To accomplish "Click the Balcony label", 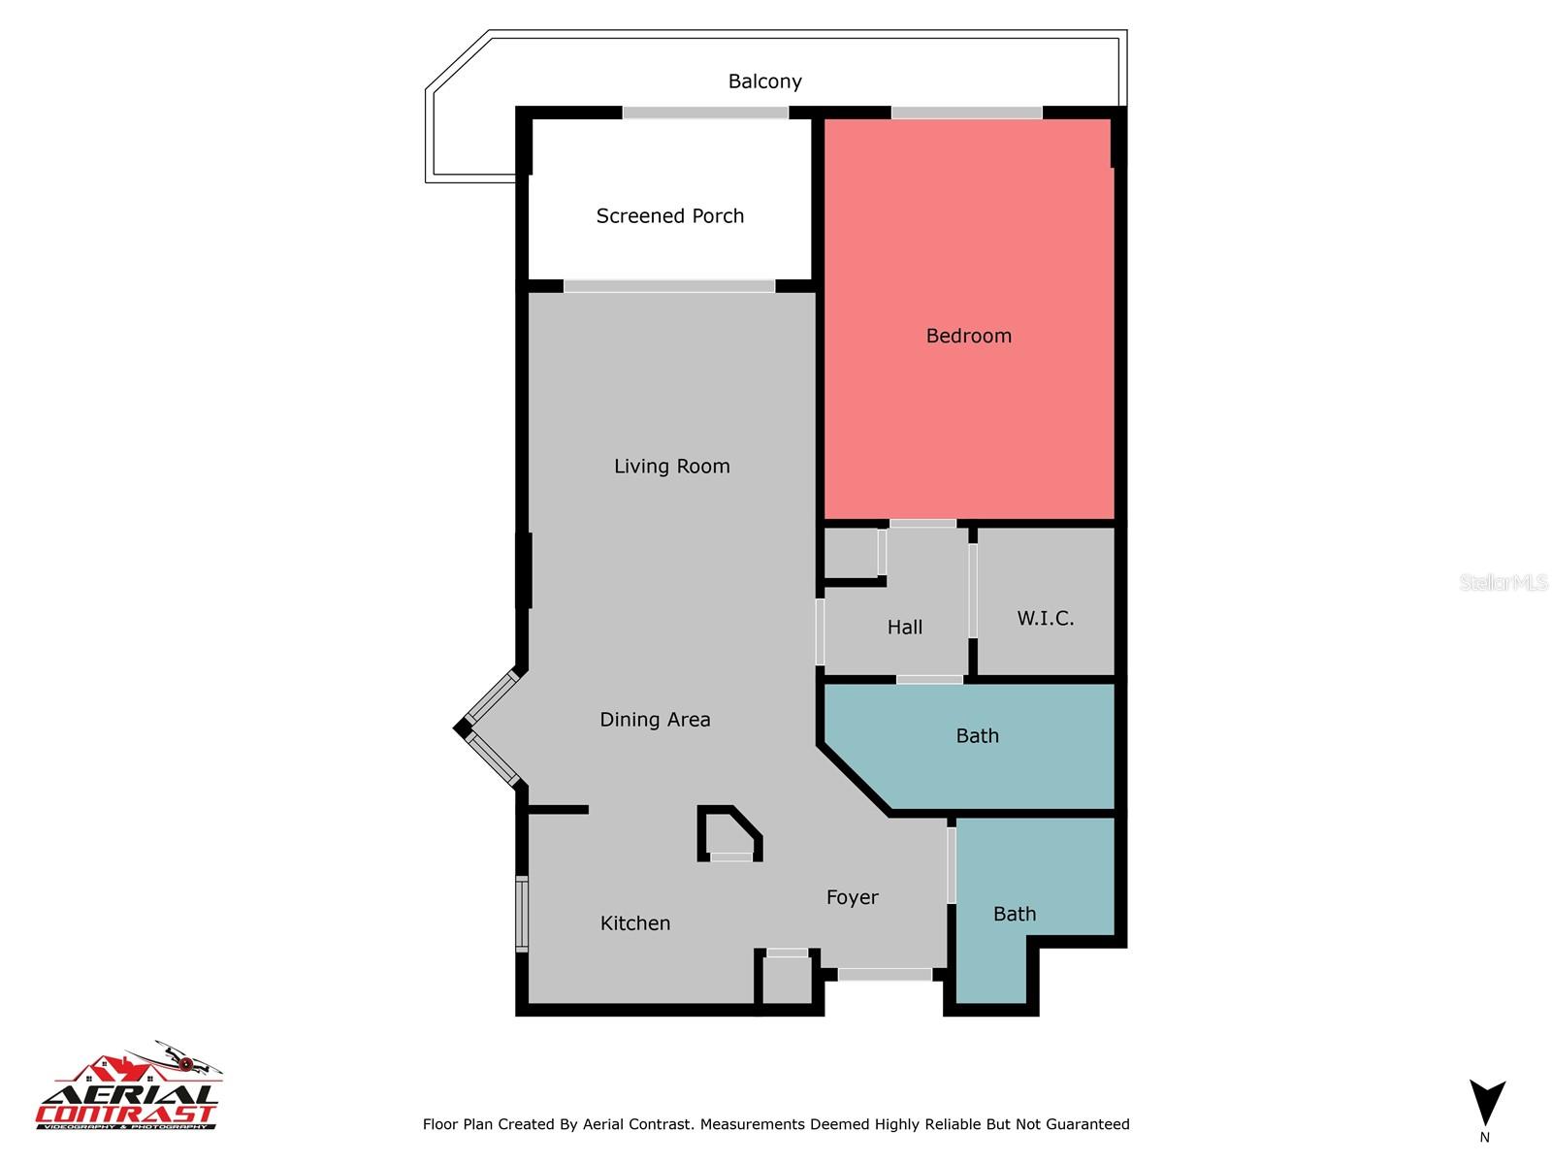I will click(764, 81).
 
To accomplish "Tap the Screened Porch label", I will click(669, 216).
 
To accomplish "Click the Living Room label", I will click(671, 467).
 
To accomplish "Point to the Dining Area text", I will click(655, 720).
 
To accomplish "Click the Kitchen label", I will click(634, 923).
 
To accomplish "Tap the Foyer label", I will click(852, 898).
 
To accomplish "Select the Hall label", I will click(904, 628).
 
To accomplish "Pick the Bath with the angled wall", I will click(977, 736).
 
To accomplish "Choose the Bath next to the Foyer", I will click(1015, 914).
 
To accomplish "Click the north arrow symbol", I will click(1486, 1104).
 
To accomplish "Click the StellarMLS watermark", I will click(1503, 583).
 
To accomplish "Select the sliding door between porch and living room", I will click(669, 286).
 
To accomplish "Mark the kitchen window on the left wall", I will click(522, 914).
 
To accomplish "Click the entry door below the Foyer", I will click(884, 974).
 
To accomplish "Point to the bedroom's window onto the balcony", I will click(966, 113).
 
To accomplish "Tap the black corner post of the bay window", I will click(463, 727).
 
